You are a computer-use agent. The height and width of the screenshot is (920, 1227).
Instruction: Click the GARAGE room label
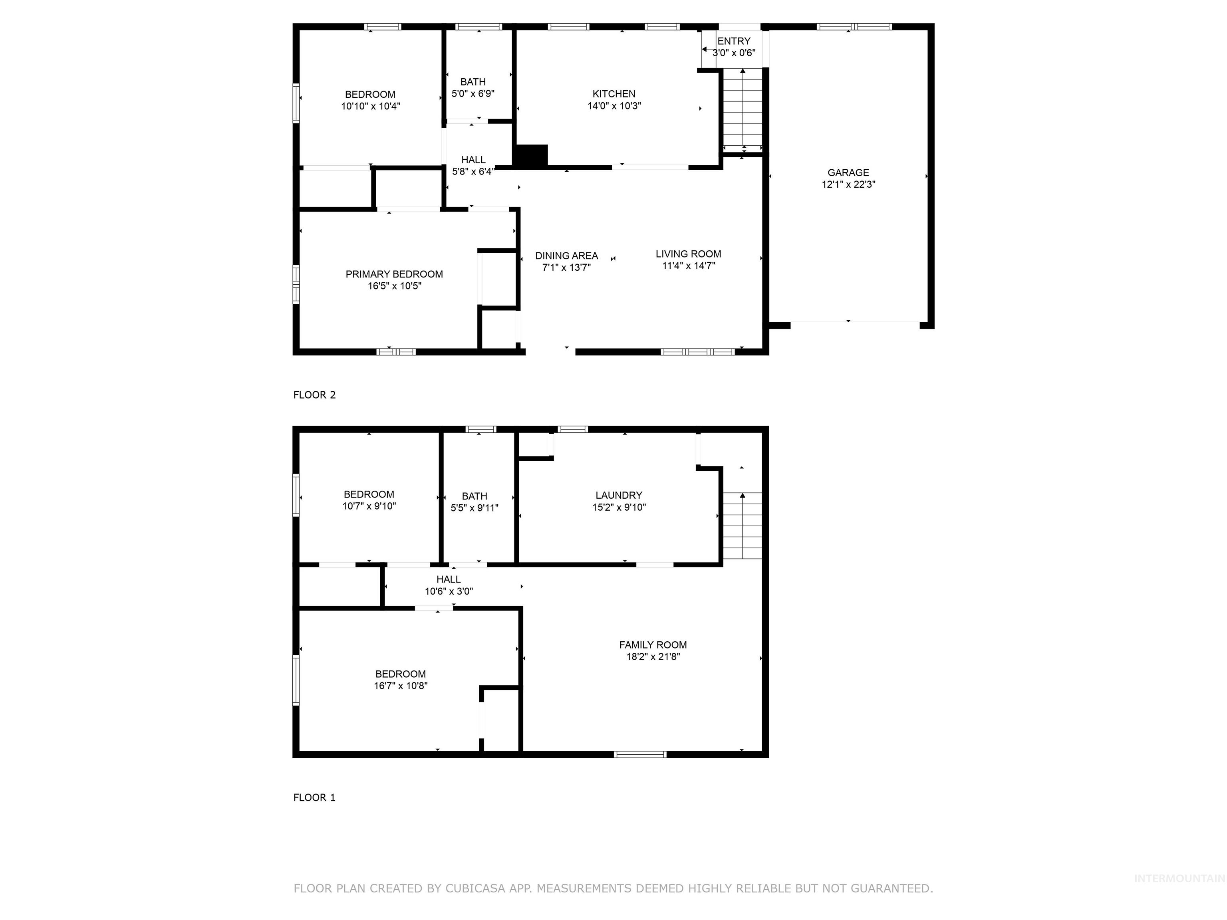pyautogui.click(x=848, y=172)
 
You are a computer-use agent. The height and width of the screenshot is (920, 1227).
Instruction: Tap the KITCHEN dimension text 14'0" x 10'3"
pyautogui.click(x=614, y=106)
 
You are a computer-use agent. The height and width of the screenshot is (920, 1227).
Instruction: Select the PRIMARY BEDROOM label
pyautogui.click(x=394, y=274)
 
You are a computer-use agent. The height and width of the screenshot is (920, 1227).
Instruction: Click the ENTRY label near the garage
pyautogui.click(x=733, y=41)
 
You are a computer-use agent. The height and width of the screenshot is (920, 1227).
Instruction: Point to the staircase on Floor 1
pyautogui.click(x=742, y=526)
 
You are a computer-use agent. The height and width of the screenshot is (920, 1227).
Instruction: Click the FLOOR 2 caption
pyautogui.click(x=314, y=395)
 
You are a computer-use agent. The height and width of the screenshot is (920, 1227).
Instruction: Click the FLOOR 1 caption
pyautogui.click(x=314, y=797)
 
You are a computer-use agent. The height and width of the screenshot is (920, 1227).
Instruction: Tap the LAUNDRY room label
pyautogui.click(x=618, y=495)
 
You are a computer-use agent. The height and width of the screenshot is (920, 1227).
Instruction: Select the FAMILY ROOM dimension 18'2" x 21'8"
pyautogui.click(x=653, y=656)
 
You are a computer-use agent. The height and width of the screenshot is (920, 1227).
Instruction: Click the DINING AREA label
pyautogui.click(x=566, y=256)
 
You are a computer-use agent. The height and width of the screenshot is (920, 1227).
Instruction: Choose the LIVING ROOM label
pyautogui.click(x=688, y=254)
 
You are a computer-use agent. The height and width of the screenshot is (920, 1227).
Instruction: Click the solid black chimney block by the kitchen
pyautogui.click(x=531, y=155)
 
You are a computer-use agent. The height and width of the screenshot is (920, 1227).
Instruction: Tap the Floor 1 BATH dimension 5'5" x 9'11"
pyautogui.click(x=474, y=508)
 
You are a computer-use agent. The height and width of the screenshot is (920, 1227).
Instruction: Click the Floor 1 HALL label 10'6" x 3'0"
pyautogui.click(x=448, y=585)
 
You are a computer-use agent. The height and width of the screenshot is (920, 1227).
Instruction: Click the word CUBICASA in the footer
pyautogui.click(x=475, y=888)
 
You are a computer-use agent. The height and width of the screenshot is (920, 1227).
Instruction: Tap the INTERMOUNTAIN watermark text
pyautogui.click(x=1179, y=878)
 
